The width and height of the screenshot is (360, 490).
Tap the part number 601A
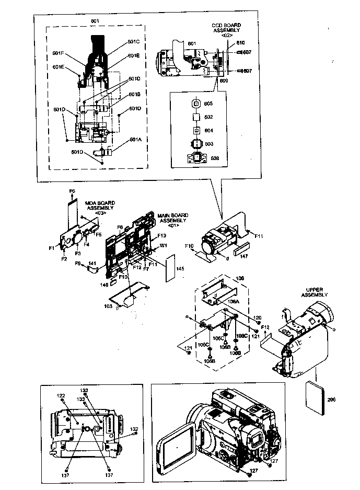click(x=135, y=140)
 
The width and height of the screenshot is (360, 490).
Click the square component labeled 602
click(x=197, y=117)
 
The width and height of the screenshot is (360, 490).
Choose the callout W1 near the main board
click(x=162, y=245)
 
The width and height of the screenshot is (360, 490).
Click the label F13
click(x=161, y=236)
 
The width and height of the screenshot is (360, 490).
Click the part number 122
click(x=61, y=395)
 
